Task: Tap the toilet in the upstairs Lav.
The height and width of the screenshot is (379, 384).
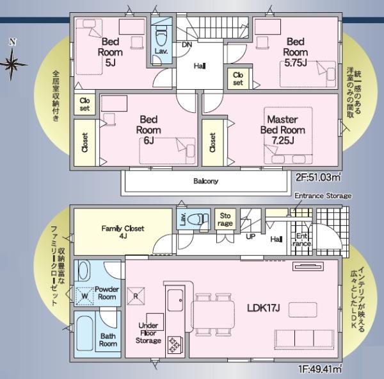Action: click(161, 37)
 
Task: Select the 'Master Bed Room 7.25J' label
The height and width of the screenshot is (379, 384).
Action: click(283, 130)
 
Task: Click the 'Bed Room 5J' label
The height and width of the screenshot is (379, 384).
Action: click(110, 52)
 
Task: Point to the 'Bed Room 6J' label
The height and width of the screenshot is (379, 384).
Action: click(148, 130)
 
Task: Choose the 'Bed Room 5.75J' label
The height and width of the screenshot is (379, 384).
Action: click(296, 52)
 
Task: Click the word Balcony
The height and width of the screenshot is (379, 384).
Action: click(205, 181)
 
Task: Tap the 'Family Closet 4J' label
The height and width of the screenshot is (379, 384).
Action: click(123, 232)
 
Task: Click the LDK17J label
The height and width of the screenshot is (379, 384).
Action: click(264, 308)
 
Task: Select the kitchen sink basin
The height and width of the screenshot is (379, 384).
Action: click(175, 301)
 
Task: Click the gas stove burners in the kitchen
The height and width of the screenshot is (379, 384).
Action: click(174, 344)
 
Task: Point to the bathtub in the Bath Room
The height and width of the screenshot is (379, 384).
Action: click(84, 333)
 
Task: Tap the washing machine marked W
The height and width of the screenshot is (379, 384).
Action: click(84, 296)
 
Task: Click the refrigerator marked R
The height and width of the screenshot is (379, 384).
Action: click(136, 296)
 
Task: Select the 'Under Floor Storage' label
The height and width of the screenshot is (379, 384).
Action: click(148, 333)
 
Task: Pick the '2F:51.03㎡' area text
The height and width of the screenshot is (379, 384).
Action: click(318, 177)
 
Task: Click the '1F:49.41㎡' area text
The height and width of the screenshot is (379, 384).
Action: click(320, 369)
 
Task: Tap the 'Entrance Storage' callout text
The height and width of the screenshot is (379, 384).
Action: click(323, 196)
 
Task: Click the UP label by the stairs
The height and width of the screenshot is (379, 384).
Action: click(250, 237)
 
